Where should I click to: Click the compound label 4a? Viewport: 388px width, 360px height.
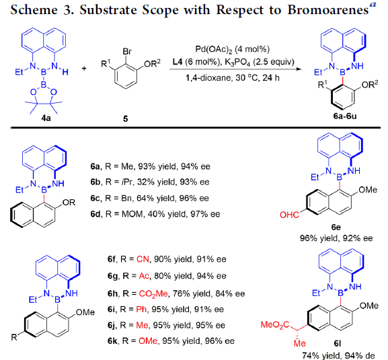[46, 118]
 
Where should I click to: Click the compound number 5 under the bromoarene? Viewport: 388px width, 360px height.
[126, 119]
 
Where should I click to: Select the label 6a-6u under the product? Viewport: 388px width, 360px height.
[345, 116]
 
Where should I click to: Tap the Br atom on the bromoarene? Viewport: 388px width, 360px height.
[127, 52]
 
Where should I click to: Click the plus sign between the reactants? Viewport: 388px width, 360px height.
[84, 68]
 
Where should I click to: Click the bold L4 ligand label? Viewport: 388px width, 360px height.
[178, 62]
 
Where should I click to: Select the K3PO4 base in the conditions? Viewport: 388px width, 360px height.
[237, 62]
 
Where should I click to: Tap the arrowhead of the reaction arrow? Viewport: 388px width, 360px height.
[299, 69]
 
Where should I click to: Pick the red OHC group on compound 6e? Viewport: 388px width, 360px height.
[289, 215]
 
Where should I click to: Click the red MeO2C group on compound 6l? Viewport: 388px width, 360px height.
[274, 325]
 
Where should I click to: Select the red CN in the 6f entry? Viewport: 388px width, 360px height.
[143, 259]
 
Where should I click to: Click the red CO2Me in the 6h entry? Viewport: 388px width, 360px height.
[153, 294]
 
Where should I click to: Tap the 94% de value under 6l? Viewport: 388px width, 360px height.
[359, 355]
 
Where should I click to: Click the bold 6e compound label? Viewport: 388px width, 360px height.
[336, 227]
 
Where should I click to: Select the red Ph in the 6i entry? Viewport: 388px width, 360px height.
[141, 310]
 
